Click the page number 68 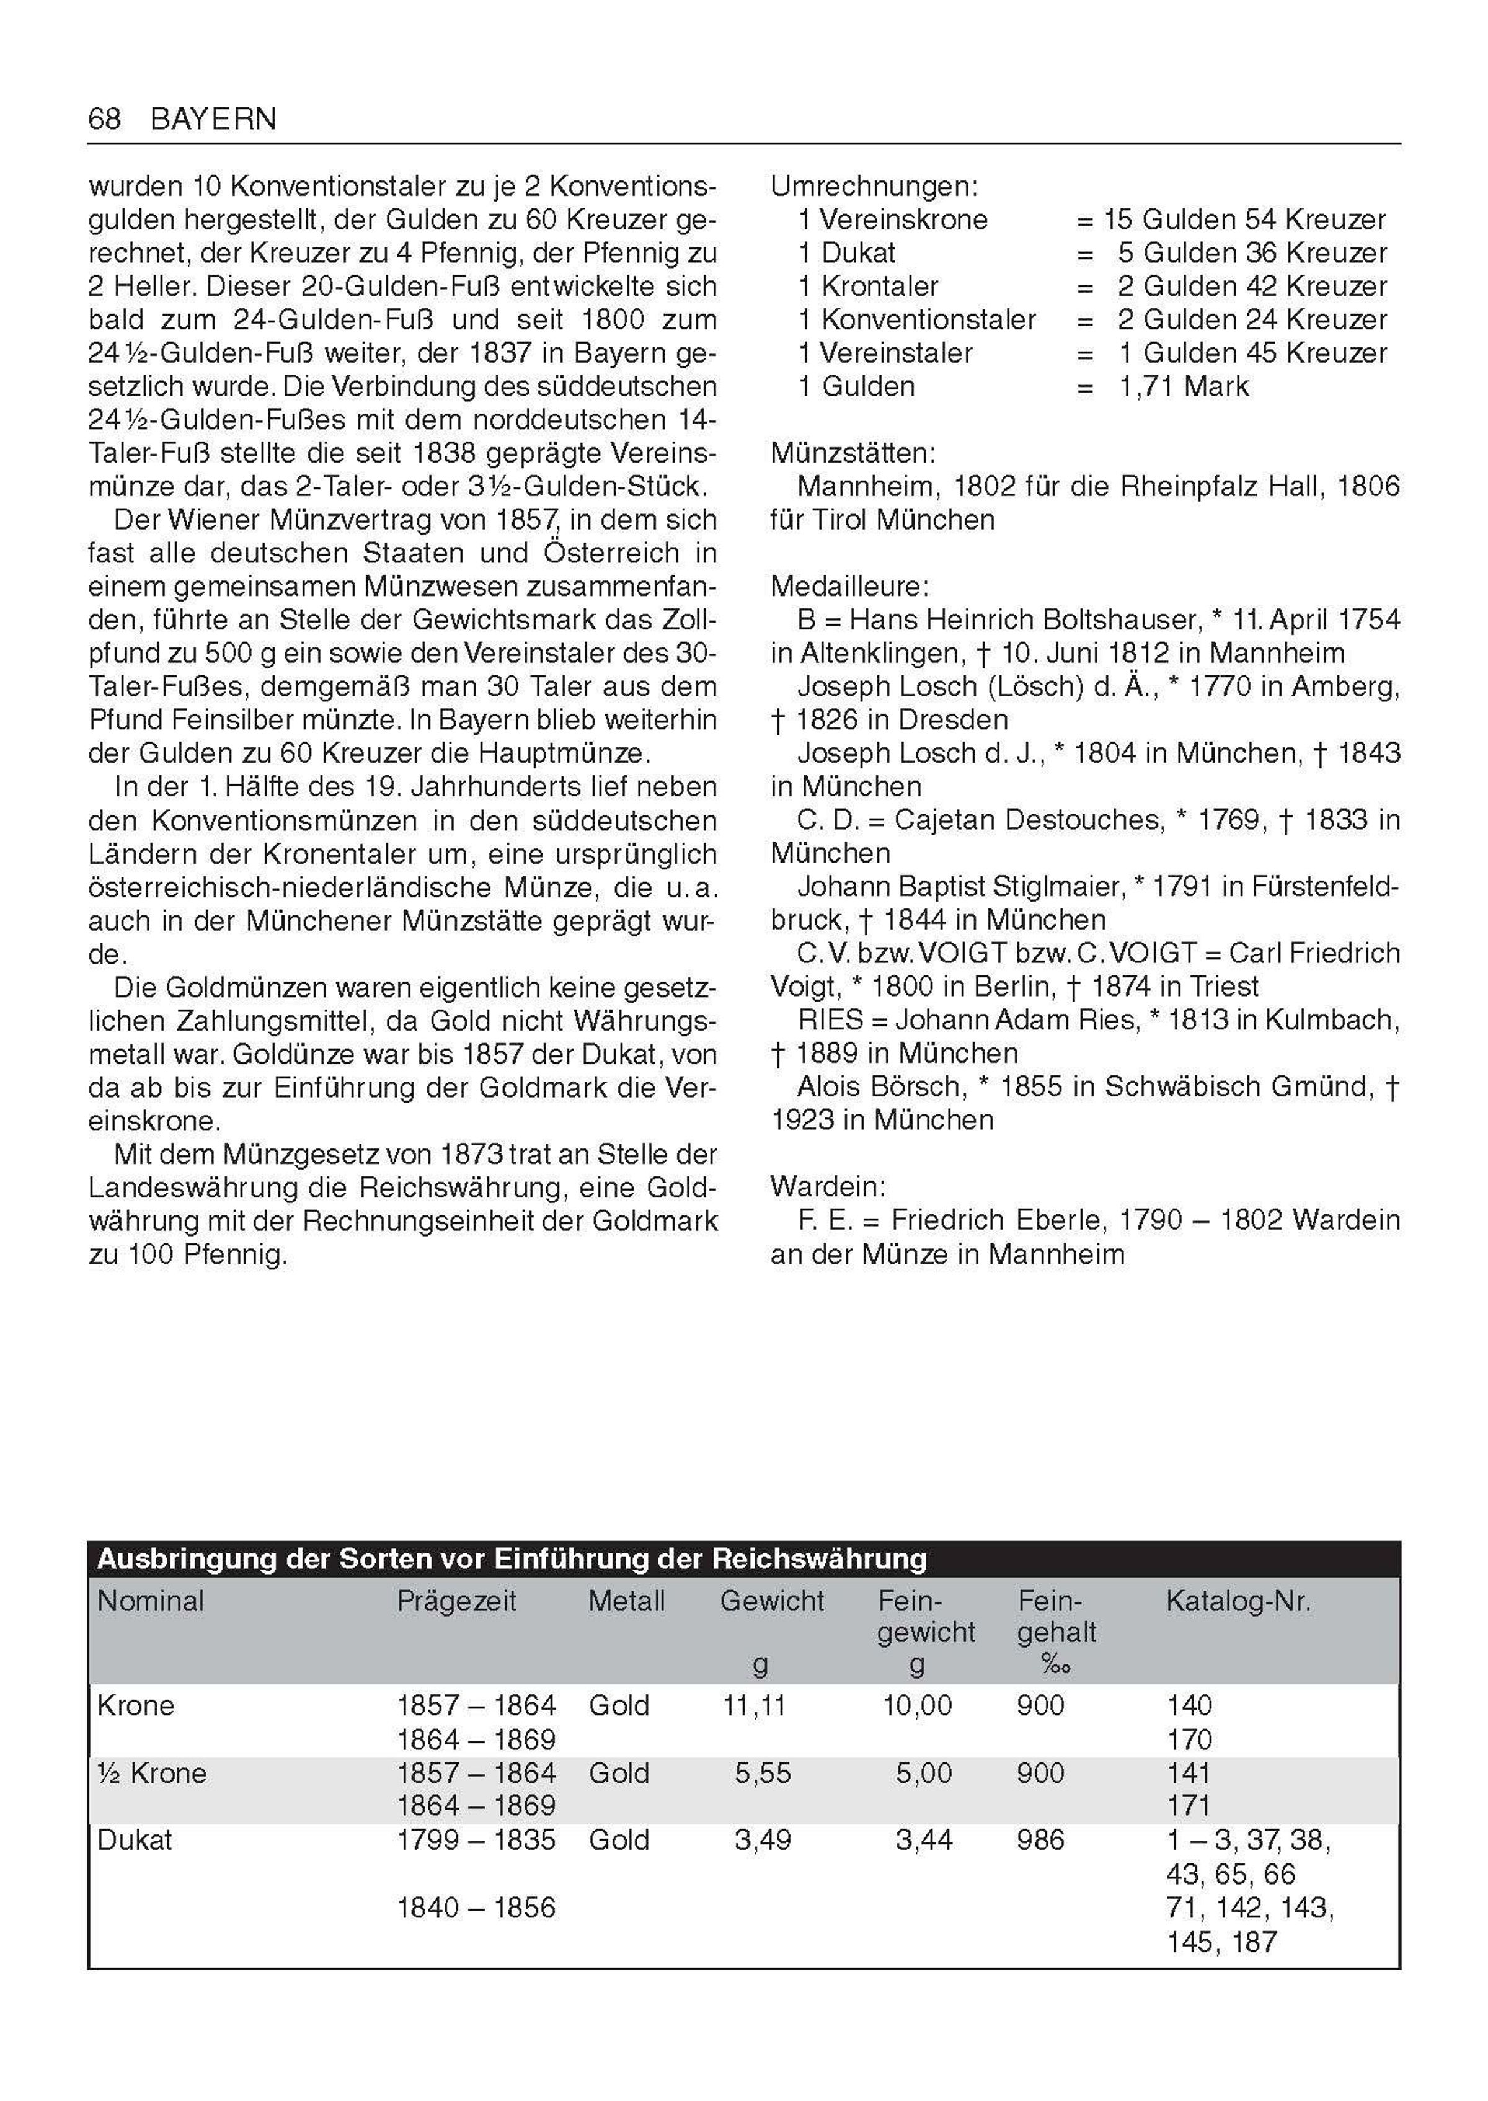(104, 118)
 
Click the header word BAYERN (213, 119)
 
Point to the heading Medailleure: (849, 587)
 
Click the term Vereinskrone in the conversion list (905, 220)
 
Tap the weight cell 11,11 (754, 1705)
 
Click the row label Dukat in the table (135, 1840)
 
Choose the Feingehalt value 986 (1040, 1840)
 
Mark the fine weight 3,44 (924, 1840)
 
